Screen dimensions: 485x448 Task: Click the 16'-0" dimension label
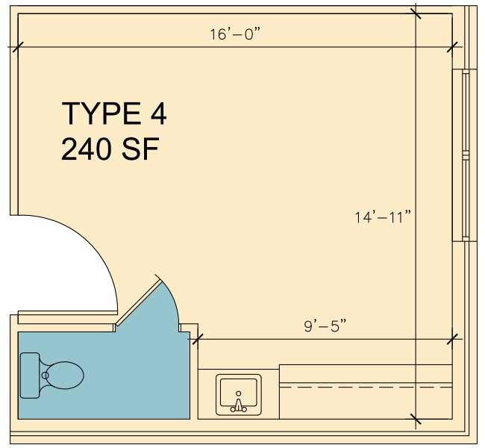[235, 34]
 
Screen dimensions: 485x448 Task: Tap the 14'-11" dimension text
[383, 217]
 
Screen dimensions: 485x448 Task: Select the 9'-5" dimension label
[325, 326]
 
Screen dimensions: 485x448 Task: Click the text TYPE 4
[114, 113]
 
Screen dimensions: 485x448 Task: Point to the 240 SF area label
[110, 149]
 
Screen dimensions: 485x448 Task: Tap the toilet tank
[30, 376]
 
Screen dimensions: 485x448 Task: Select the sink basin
[239, 392]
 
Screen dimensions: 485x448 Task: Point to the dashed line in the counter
[366, 387]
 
